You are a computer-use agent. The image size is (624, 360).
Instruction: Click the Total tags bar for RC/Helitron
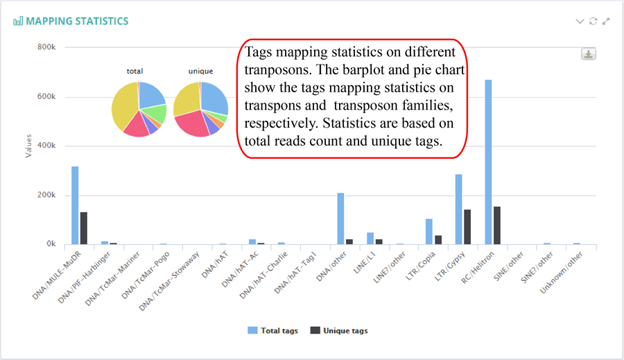click(x=488, y=162)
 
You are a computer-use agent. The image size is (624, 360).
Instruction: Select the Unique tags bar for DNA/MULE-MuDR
click(x=84, y=228)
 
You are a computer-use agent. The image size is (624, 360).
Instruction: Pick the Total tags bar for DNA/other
click(x=340, y=218)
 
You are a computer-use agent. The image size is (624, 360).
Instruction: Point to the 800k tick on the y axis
click(x=46, y=47)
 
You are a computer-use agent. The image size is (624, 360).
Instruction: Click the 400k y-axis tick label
click(x=46, y=146)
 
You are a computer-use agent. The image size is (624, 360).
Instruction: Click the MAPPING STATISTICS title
click(x=77, y=21)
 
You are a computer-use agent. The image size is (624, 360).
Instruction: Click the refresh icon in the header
click(x=593, y=21)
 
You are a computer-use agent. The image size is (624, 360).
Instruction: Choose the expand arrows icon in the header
click(x=607, y=21)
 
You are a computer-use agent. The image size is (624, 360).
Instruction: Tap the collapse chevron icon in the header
click(x=580, y=21)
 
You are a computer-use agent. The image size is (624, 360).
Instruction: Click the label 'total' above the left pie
click(x=135, y=71)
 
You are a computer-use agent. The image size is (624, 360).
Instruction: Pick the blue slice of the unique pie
click(x=215, y=97)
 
